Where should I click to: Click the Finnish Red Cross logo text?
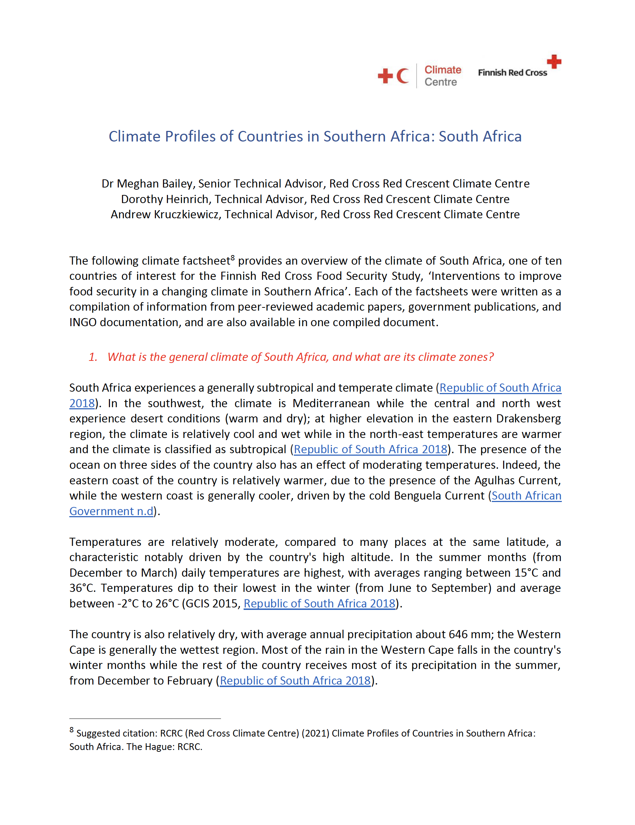tap(512, 73)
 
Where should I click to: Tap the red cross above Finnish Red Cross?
tap(554, 62)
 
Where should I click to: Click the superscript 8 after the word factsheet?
tap(233, 258)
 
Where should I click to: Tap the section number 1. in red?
tap(93, 357)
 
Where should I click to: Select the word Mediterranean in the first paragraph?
tap(331, 403)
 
